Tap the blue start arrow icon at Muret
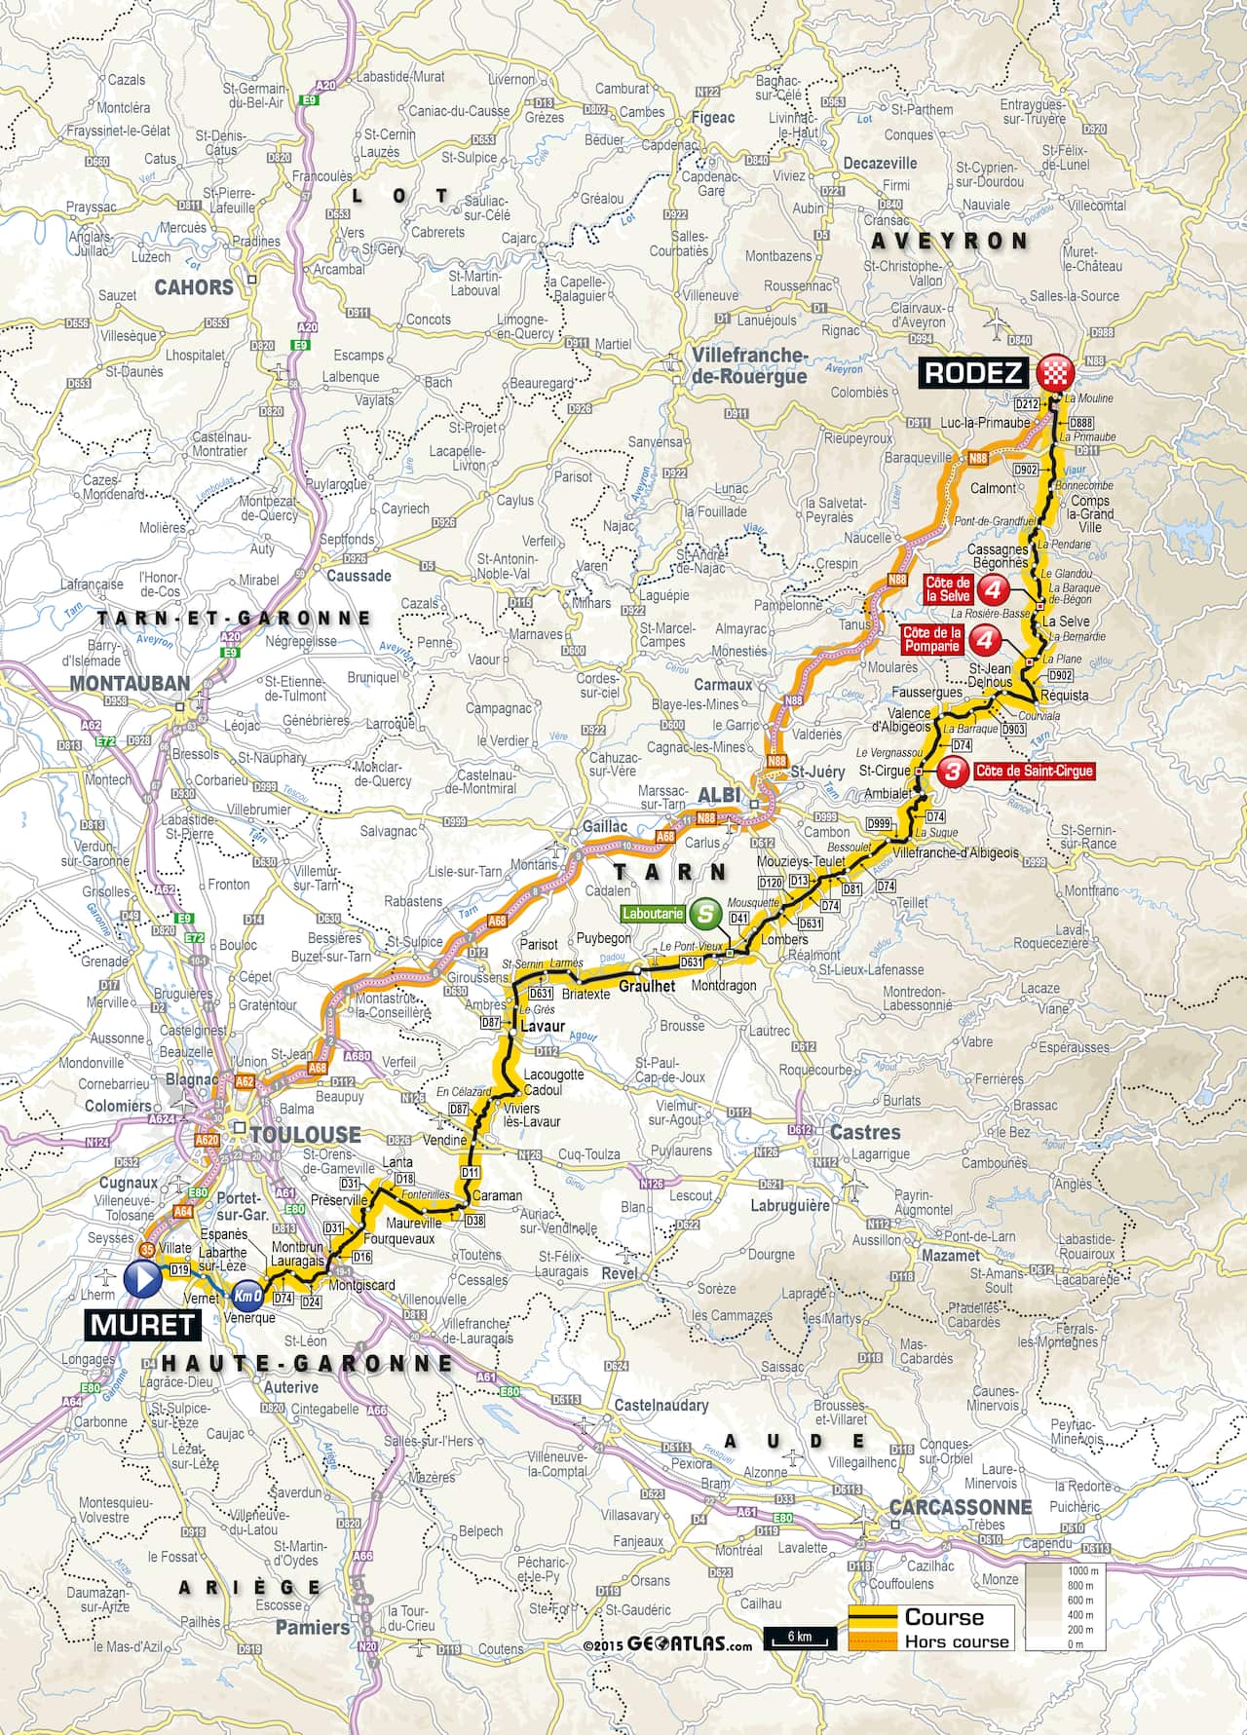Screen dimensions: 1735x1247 click(141, 1279)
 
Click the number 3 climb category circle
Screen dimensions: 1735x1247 click(955, 771)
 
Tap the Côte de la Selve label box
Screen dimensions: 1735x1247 click(947, 588)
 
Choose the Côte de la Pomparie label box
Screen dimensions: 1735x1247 click(931, 639)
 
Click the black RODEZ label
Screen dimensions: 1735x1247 click(972, 372)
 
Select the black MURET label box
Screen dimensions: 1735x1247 click(143, 1324)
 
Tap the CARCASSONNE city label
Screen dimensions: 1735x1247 click(960, 1505)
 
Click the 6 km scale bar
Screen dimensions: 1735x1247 click(800, 1638)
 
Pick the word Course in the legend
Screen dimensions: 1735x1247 click(943, 1617)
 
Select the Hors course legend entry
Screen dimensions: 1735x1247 click(957, 1641)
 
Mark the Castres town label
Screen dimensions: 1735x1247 click(864, 1132)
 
